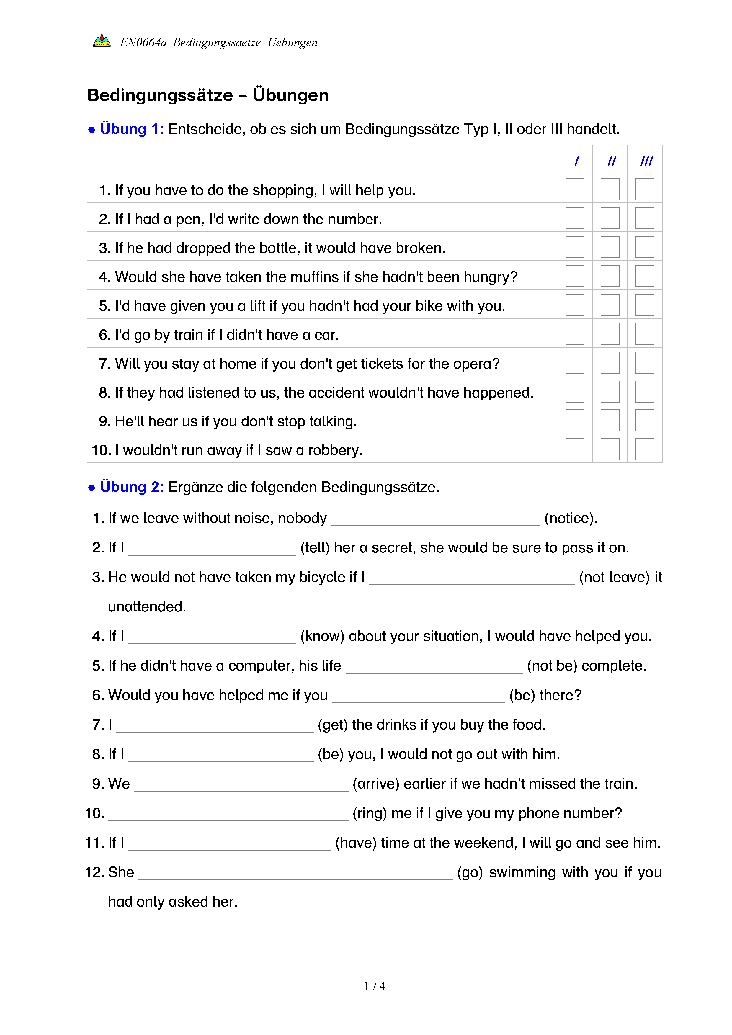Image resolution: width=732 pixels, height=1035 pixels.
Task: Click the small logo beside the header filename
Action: pos(102,41)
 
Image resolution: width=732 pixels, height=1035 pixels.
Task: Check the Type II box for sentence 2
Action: pos(610,218)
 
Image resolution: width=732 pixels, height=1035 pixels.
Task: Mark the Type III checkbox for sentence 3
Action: pos(645,247)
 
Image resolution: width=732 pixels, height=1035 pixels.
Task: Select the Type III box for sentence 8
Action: pos(645,392)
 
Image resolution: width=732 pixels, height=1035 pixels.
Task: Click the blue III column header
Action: pos(646,161)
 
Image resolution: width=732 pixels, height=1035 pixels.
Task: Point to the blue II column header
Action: pos(611,161)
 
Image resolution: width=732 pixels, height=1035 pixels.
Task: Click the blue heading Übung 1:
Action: pos(132,129)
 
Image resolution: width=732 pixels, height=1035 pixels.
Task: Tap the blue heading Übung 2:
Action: pos(132,487)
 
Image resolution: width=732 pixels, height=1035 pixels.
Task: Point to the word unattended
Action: pos(147,607)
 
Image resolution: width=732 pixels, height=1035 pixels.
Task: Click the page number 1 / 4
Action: pos(375,986)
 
